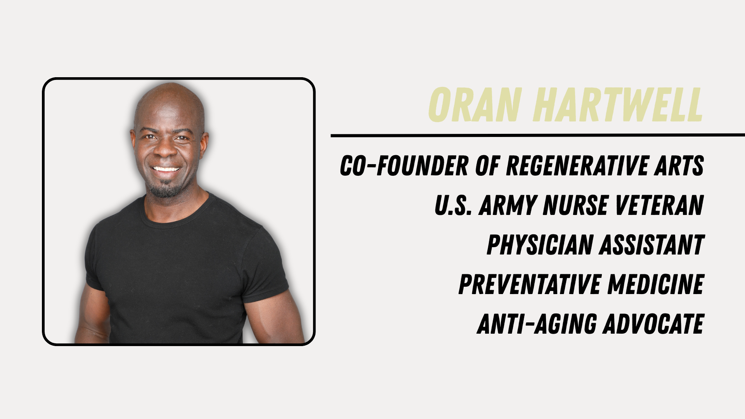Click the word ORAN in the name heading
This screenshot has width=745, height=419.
[x=474, y=105]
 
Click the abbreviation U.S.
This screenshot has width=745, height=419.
[x=453, y=205]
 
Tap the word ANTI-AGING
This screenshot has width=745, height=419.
[x=537, y=324]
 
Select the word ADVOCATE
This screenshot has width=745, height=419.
[x=654, y=324]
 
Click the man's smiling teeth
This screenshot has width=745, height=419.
[x=166, y=169]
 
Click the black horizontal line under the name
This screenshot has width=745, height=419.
[x=538, y=135]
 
